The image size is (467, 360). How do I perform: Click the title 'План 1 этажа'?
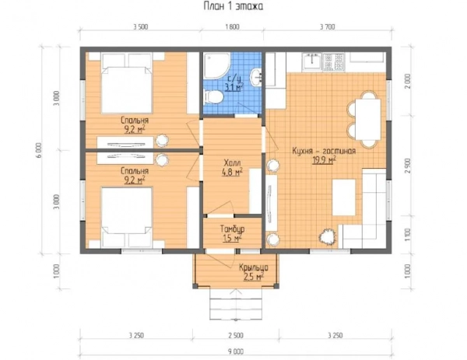[x=233, y=6]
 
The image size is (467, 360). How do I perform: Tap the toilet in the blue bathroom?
[x=214, y=97]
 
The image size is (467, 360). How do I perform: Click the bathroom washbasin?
[x=257, y=77]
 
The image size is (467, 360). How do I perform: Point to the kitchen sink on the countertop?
[x=312, y=62]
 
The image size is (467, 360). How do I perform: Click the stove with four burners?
[x=334, y=62]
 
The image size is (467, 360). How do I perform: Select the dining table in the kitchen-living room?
[x=368, y=119]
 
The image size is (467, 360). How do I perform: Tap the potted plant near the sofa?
[x=328, y=237]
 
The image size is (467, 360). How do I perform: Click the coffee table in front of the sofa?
[x=344, y=197]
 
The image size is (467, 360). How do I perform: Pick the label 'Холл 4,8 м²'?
[x=232, y=167]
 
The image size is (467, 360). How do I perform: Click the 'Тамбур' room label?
[x=232, y=229]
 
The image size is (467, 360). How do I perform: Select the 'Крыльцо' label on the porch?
[x=254, y=267]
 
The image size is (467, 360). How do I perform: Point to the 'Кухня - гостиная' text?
[x=324, y=151]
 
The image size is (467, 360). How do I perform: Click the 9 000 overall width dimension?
[x=236, y=351]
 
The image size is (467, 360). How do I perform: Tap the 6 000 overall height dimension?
[x=40, y=150]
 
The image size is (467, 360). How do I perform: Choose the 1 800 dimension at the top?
[x=232, y=27]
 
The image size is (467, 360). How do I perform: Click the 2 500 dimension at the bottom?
[x=236, y=335]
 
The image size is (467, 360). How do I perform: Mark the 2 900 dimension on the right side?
[x=408, y=166]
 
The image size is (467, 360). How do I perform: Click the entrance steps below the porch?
[x=235, y=303]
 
